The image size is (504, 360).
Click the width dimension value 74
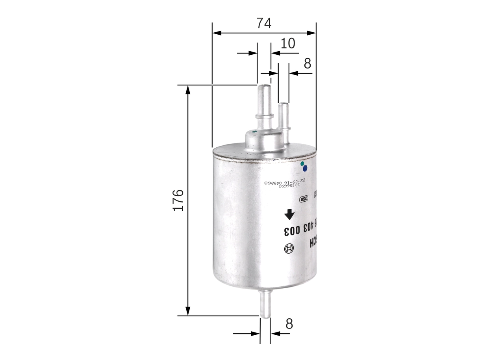264,23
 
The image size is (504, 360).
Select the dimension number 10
288,43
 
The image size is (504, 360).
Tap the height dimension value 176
178,200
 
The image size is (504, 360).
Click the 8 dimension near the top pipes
307,63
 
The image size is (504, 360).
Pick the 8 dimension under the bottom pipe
289,324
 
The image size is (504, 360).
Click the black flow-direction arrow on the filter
289,214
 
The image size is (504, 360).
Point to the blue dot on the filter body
304,168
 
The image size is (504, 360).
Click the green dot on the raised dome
254,132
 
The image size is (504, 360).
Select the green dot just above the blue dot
302,163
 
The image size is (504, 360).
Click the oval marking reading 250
303,199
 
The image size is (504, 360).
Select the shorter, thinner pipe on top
283,116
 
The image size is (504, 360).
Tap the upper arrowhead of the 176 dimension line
188,89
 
